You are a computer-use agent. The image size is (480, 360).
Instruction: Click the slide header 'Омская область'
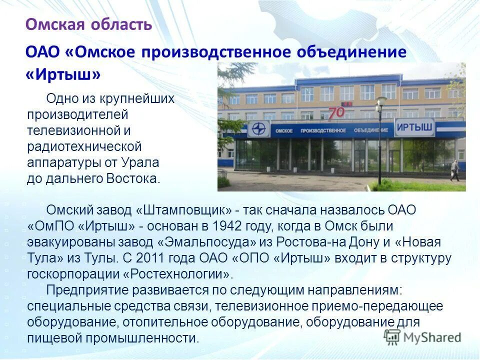[x=88, y=24]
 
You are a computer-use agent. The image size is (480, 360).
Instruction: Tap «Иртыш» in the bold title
[x=63, y=74]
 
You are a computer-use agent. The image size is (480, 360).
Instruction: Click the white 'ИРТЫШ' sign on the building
[x=414, y=127]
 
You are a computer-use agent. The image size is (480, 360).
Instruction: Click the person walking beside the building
[x=454, y=170]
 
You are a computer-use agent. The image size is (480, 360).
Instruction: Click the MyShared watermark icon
[x=392, y=336]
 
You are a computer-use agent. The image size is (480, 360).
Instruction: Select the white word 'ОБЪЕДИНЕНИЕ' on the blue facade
[x=369, y=130]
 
